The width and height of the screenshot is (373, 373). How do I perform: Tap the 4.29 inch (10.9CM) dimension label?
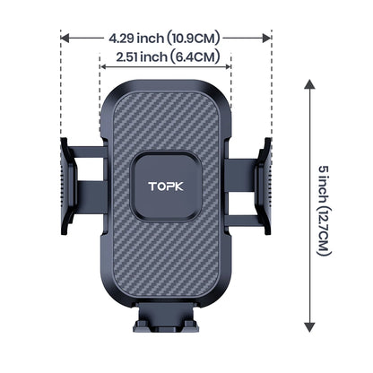[x=166, y=39]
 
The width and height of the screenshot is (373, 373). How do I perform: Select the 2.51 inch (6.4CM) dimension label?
[x=167, y=57]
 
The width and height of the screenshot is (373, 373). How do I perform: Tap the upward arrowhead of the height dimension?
[x=309, y=83]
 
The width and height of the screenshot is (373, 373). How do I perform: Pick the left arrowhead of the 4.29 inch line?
[x=65, y=39]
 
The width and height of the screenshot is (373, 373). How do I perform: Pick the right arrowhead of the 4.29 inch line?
[x=267, y=39]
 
